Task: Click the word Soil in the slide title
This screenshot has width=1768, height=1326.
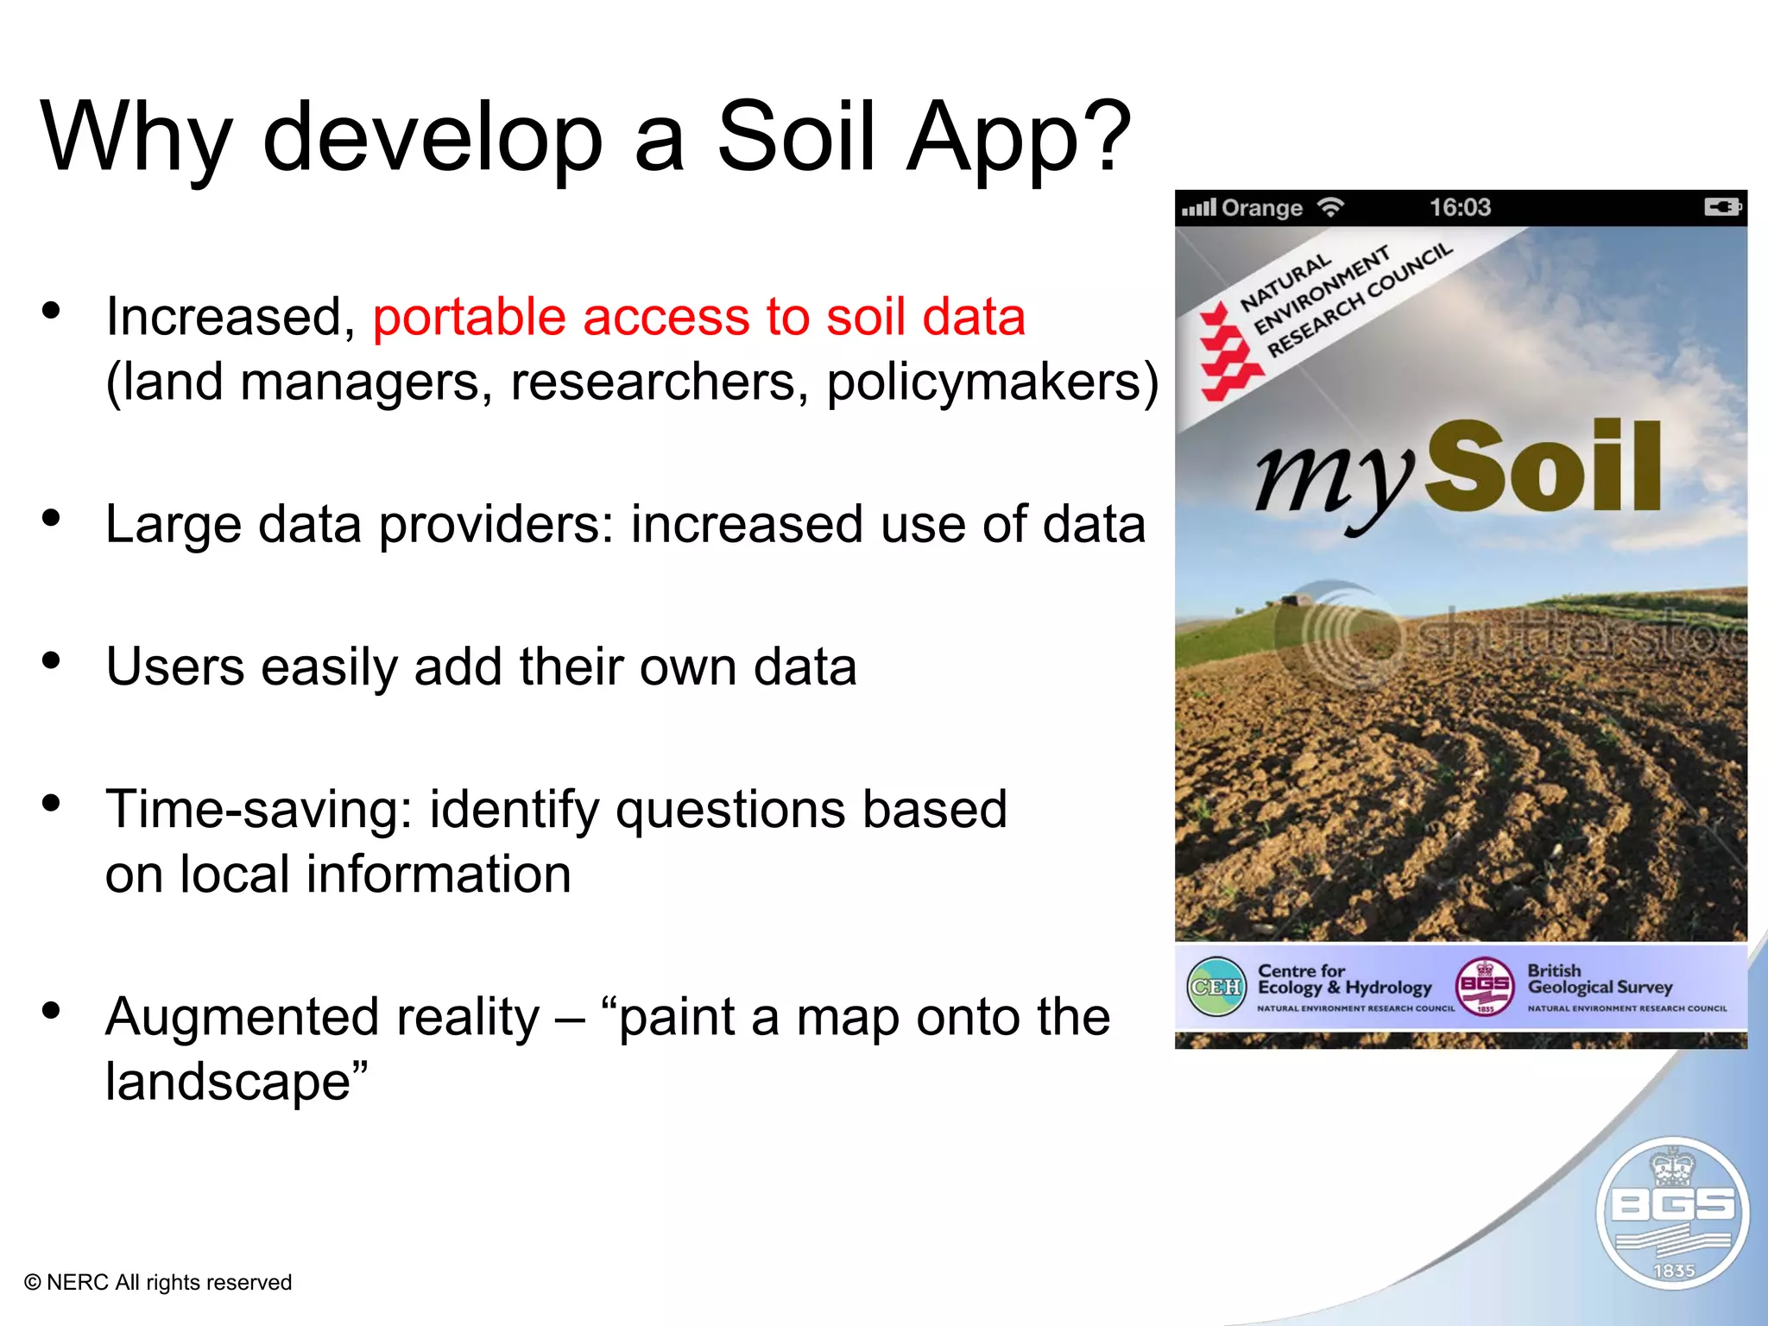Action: (x=796, y=136)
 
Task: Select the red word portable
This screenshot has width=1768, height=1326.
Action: (x=468, y=318)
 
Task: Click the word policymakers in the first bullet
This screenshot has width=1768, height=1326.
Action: (x=984, y=382)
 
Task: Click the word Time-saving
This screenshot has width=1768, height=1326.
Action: (x=259, y=810)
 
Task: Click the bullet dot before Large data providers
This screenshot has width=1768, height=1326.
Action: (x=52, y=518)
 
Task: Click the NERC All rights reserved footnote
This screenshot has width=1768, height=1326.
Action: (x=158, y=1282)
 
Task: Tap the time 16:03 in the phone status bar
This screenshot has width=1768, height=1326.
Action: (x=1460, y=207)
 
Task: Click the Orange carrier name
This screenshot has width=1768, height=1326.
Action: (x=1261, y=208)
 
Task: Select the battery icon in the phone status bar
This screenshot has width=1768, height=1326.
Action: (x=1722, y=207)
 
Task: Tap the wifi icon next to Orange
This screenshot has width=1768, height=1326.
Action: (x=1330, y=207)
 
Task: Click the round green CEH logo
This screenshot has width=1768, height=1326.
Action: (x=1215, y=987)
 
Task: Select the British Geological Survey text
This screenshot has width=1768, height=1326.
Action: (x=1600, y=980)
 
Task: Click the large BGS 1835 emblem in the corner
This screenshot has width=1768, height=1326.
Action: (x=1672, y=1213)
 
